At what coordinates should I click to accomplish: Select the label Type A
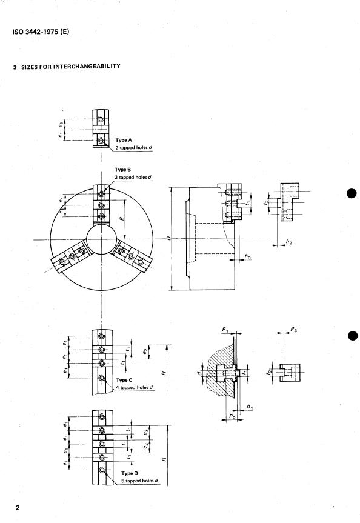pyautogui.click(x=124, y=139)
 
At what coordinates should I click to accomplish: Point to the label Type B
pyautogui.click(x=123, y=170)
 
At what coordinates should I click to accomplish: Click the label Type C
pyautogui.click(x=125, y=379)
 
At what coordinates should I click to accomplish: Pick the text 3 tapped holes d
pyautogui.click(x=133, y=178)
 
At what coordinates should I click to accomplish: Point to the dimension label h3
pyautogui.click(x=247, y=258)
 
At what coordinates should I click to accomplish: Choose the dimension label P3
pyautogui.click(x=293, y=330)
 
